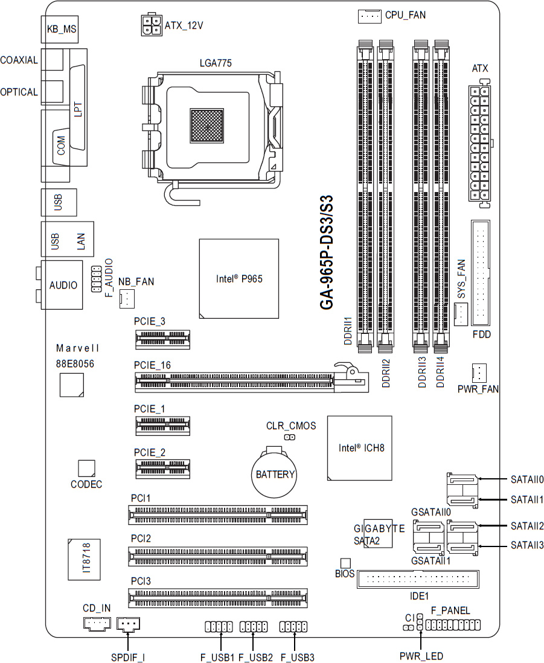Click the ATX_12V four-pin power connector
(x=151, y=25)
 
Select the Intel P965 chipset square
(x=239, y=278)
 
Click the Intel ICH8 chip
(x=360, y=448)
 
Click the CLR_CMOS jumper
(x=290, y=437)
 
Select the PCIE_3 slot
(x=163, y=339)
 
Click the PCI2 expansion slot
(x=218, y=557)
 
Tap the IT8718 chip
(x=85, y=559)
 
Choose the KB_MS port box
(x=60, y=29)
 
